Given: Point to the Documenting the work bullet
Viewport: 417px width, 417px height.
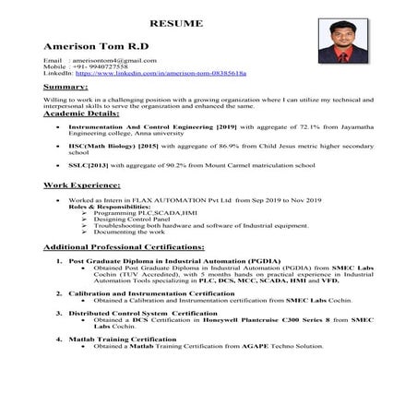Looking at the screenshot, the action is [x=125, y=232].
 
